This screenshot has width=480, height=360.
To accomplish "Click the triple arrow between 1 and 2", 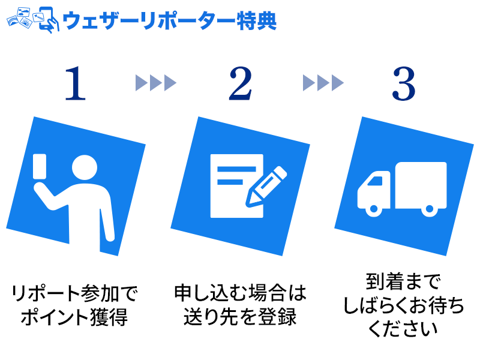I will [156, 82].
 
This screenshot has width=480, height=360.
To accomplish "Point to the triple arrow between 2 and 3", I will [323, 82].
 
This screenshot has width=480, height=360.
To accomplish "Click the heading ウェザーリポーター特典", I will [170, 20].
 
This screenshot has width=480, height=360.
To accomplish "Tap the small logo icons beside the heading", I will [30, 20].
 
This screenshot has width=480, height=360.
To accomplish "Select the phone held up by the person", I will [40, 166].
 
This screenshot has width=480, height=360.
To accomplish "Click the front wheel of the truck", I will [373, 209].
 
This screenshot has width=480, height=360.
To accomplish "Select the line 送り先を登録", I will [240, 316].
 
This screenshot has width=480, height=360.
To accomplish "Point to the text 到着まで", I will [403, 283].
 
